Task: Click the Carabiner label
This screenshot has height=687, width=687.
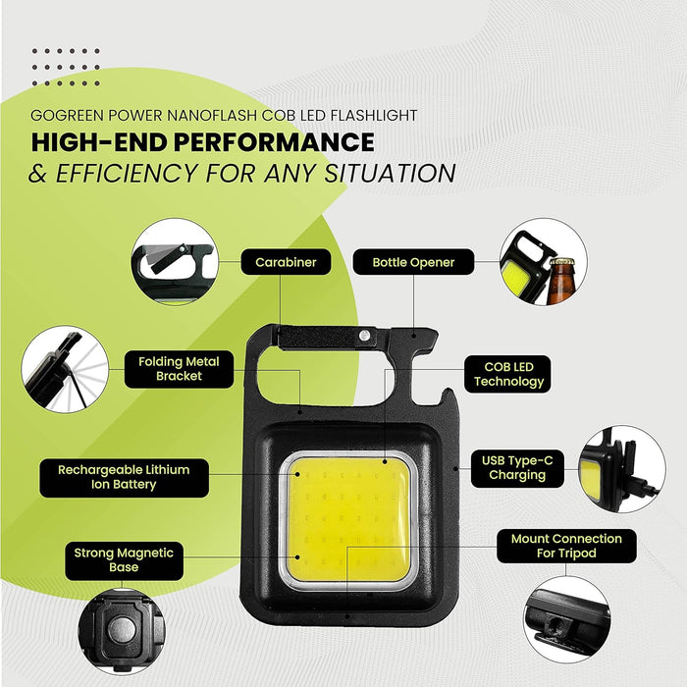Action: click(x=286, y=262)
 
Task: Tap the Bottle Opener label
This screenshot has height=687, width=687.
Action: click(x=413, y=262)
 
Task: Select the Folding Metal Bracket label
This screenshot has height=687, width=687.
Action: click(x=179, y=369)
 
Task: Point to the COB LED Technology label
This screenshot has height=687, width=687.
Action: click(x=508, y=374)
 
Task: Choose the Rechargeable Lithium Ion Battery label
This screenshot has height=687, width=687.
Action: click(x=124, y=477)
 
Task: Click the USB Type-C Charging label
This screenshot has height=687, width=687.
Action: click(x=517, y=468)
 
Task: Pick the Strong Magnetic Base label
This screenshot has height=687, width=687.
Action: click(x=124, y=560)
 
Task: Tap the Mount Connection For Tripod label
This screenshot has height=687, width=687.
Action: click(x=566, y=546)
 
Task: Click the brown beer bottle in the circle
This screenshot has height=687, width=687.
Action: click(x=560, y=282)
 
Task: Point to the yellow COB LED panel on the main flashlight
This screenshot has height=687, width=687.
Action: click(x=348, y=519)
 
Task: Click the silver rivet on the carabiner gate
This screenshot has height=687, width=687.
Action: click(x=364, y=336)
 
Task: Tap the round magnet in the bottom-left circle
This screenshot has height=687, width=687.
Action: click(x=122, y=630)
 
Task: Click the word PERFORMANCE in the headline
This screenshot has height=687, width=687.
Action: click(x=274, y=142)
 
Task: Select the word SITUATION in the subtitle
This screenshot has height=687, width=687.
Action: click(x=390, y=173)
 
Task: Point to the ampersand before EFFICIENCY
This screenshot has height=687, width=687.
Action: click(x=37, y=173)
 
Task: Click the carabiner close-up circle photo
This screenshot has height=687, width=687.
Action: click(x=175, y=262)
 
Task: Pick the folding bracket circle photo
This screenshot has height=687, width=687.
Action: click(x=65, y=369)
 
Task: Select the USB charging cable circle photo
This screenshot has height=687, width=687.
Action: click(x=622, y=469)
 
